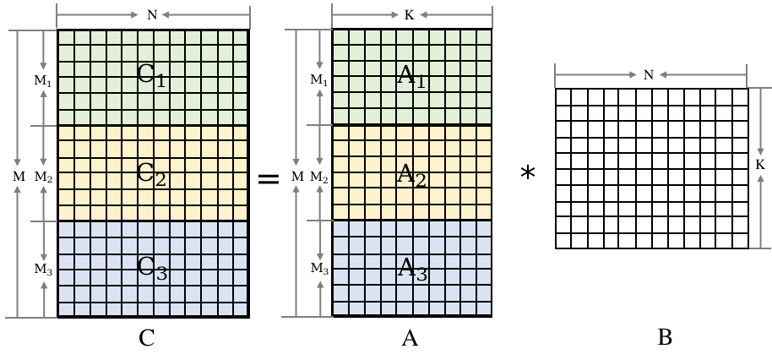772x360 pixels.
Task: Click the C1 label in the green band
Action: (151, 75)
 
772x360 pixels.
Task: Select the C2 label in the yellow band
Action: (151, 175)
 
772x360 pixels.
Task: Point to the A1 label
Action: (411, 76)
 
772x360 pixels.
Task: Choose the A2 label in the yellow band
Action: (411, 176)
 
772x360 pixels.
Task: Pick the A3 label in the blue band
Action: (411, 270)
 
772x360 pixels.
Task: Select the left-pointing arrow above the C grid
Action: (204, 15)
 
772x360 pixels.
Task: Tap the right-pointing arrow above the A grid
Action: (366, 15)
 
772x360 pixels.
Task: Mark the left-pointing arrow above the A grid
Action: (455, 15)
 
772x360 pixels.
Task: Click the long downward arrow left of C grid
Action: (18, 97)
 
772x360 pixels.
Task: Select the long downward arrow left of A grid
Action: (296, 97)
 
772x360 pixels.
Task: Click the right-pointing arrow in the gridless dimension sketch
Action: (596, 75)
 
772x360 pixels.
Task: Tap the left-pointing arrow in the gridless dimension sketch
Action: (702, 75)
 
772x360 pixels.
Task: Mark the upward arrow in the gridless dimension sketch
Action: (760, 210)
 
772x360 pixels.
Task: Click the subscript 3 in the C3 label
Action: (161, 274)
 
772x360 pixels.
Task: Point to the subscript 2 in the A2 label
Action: (420, 182)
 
